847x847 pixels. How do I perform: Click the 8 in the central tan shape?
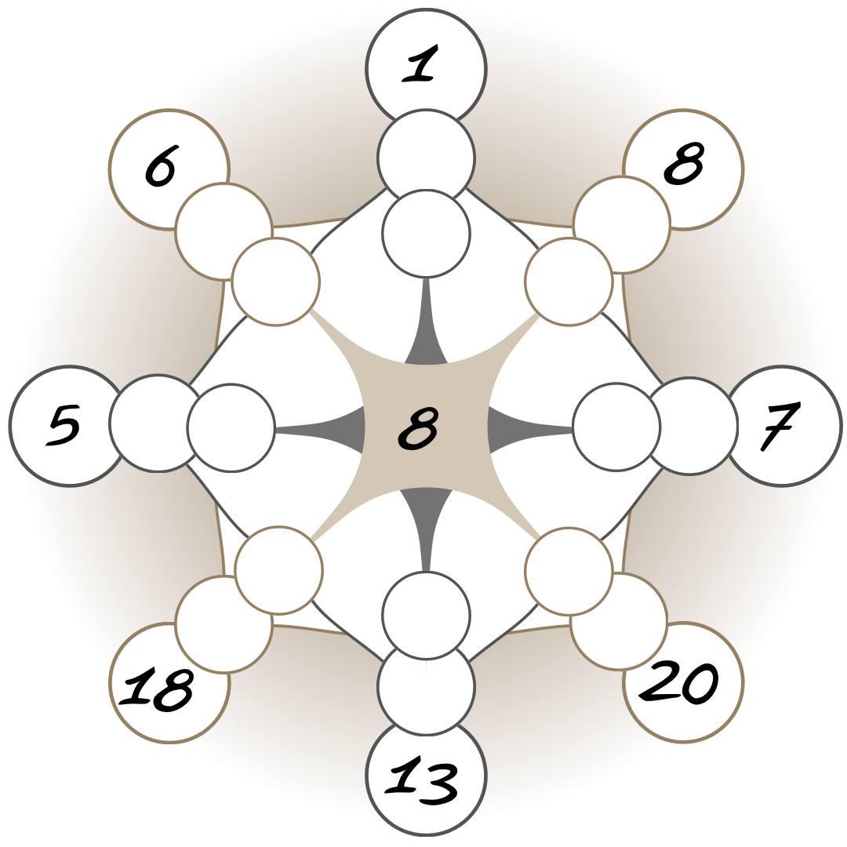pyautogui.click(x=419, y=427)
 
